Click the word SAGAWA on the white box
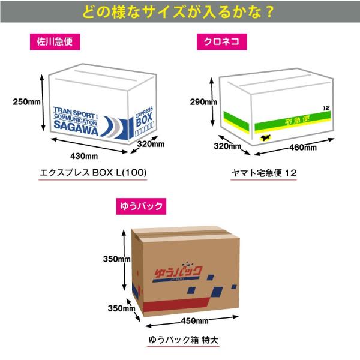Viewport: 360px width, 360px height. pos(76,126)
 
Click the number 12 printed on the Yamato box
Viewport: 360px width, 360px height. pos(326,109)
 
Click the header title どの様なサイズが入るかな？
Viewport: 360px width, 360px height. pos(180,11)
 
